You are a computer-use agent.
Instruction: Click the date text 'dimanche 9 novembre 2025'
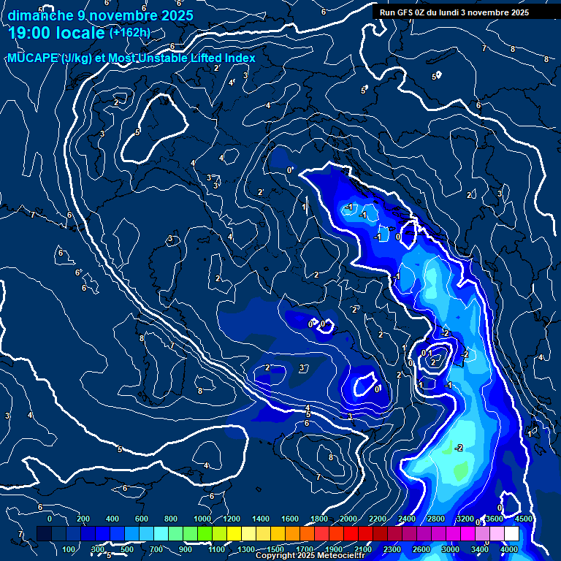click(x=100, y=15)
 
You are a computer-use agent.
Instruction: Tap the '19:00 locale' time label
click(x=56, y=33)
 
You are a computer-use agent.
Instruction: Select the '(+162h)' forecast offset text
click(x=129, y=32)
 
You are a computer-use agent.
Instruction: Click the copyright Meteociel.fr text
click(x=315, y=556)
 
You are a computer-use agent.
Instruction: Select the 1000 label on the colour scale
click(x=202, y=519)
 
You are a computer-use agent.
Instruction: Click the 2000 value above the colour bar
click(x=348, y=519)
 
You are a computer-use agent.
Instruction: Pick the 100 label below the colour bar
click(x=69, y=549)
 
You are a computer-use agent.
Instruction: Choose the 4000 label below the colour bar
click(x=510, y=549)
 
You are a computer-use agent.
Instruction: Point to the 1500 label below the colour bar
click(x=275, y=549)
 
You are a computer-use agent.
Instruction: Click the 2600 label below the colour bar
click(x=421, y=549)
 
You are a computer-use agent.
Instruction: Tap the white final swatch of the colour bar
click(x=511, y=534)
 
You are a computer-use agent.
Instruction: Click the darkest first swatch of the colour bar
click(x=43, y=534)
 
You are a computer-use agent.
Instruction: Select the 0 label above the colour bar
click(x=50, y=519)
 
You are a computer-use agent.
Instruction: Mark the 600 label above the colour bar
click(x=142, y=519)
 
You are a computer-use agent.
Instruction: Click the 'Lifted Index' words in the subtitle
click(x=224, y=58)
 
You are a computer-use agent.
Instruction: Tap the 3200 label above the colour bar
click(x=465, y=519)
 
